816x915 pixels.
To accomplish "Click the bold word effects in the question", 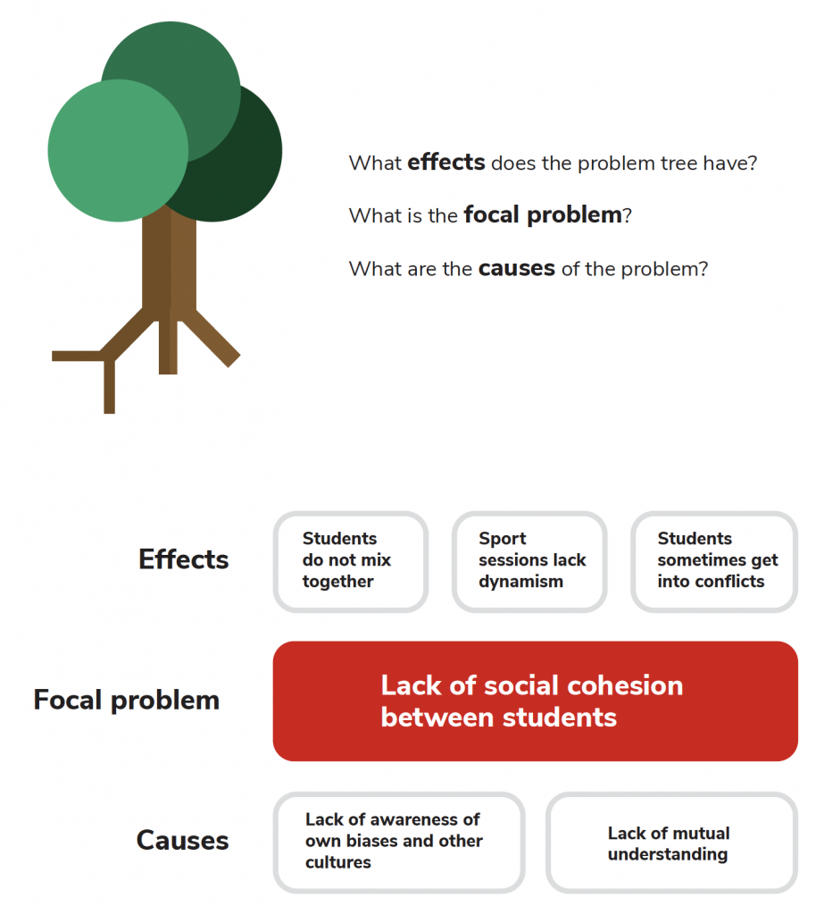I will pos(445,164).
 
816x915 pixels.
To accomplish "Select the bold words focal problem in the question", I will pos(542,215).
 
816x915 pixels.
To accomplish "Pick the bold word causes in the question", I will pos(516,268).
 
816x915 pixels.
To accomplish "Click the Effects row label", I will pos(184,560).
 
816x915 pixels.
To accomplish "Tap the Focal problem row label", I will pos(126,700).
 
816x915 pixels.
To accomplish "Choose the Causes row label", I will pos(182,841).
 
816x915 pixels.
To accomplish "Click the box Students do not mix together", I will pos(350,561).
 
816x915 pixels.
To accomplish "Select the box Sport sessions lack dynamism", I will pos(529,561).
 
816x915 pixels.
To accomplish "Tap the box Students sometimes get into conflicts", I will pos(713,561).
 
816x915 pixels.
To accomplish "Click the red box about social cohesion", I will pos(535,701).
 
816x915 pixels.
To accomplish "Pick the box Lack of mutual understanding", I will pos(670,844).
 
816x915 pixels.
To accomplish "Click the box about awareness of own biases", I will pos(398,842).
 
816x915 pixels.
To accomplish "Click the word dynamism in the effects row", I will pos(520,582).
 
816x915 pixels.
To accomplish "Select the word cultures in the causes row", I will pos(338,862).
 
